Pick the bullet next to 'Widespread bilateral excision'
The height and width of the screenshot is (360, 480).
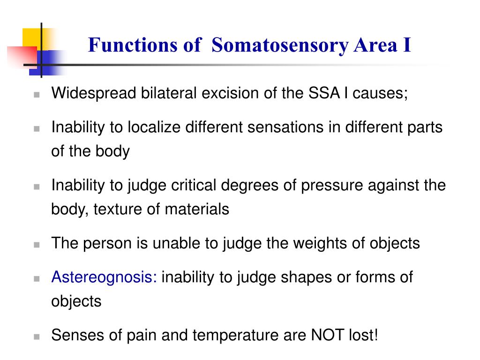point(37,94)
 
